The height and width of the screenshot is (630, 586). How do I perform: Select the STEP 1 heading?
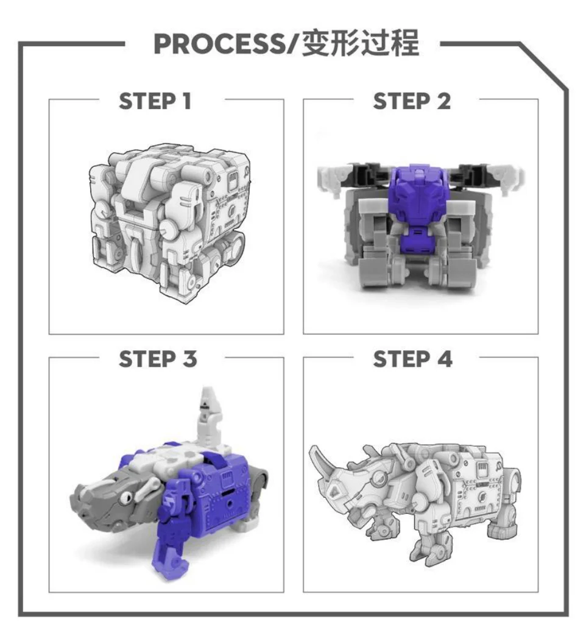pyautogui.click(x=155, y=101)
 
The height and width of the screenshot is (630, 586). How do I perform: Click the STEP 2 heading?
pyautogui.click(x=412, y=101)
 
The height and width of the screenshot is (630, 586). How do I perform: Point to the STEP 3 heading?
pyautogui.click(x=158, y=359)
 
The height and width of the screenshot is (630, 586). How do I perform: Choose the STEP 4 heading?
pyautogui.click(x=412, y=359)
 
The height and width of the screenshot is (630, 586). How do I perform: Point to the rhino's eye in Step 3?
pyautogui.click(x=127, y=497)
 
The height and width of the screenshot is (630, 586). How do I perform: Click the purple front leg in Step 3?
pyautogui.click(x=174, y=530)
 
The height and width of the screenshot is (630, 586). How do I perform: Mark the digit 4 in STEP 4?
pyautogui.click(x=445, y=359)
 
